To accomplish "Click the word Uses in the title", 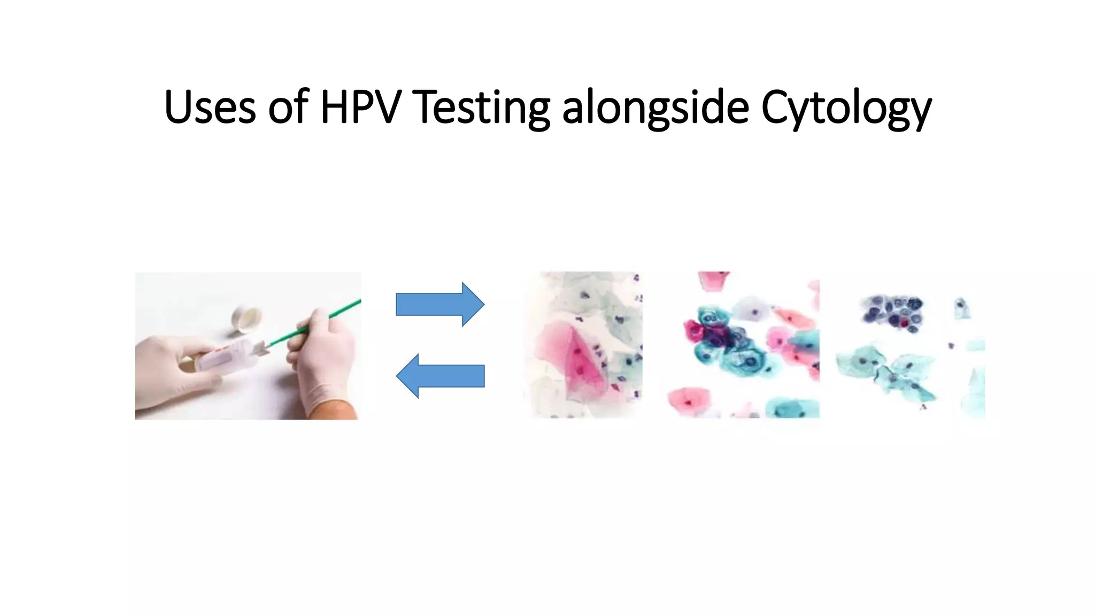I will pyautogui.click(x=210, y=107).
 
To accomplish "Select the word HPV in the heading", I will pyautogui.click(x=360, y=107).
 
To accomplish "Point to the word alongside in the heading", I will pyautogui.click(x=656, y=107).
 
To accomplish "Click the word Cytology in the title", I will pyautogui.click(x=846, y=107).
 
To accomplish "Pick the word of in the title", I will pyautogui.click(x=289, y=107).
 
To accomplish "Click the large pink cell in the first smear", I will pyautogui.click(x=575, y=358).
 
